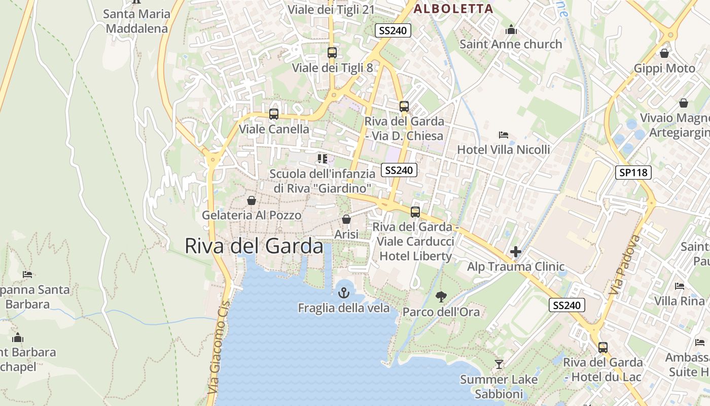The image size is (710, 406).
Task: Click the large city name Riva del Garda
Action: click(x=254, y=246)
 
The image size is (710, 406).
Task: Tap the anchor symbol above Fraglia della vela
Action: click(x=344, y=293)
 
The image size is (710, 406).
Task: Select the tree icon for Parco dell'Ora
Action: click(x=441, y=296)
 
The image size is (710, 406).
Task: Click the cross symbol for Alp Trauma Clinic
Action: click(x=516, y=252)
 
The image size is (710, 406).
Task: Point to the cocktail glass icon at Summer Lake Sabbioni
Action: click(x=499, y=364)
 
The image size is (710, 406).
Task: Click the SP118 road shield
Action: click(x=634, y=173)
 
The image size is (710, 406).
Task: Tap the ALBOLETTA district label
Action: click(x=453, y=9)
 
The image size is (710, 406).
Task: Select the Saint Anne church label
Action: click(x=511, y=44)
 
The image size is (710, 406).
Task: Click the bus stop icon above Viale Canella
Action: click(x=274, y=114)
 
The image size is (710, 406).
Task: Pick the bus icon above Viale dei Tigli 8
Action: click(x=332, y=52)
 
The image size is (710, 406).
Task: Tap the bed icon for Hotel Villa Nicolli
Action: click(x=504, y=135)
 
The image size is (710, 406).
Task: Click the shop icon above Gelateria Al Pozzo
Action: click(x=251, y=200)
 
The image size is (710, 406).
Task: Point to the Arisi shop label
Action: click(x=346, y=234)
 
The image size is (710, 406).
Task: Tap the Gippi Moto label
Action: click(x=664, y=69)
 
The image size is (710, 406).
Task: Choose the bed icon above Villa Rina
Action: click(x=680, y=286)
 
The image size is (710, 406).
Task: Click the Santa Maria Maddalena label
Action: click(x=136, y=21)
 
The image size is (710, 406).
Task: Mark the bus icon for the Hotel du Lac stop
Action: click(x=603, y=348)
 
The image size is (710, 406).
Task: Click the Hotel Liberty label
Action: click(x=415, y=256)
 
